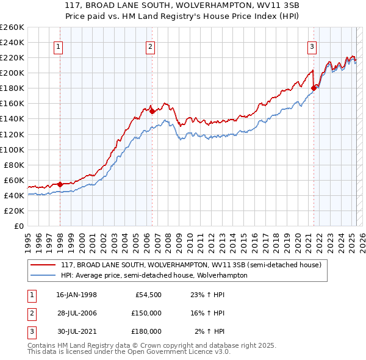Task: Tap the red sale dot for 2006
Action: [152, 111]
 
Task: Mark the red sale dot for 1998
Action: [60, 184]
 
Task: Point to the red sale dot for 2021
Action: [314, 88]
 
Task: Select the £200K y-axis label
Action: [12, 73]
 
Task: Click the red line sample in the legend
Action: [43, 265]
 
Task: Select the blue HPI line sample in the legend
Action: [43, 275]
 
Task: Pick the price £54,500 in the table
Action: [146, 295]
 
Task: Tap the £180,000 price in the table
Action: [146, 331]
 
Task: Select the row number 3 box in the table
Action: [30, 331]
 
